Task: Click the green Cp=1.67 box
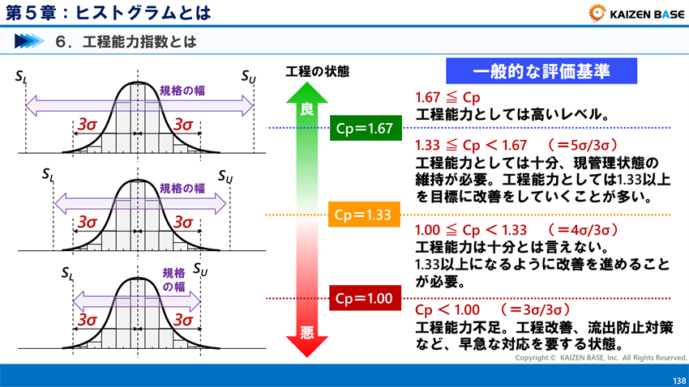click(x=365, y=128)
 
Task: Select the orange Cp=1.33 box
click(x=365, y=215)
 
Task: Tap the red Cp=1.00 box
click(x=365, y=299)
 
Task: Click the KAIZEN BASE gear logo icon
click(x=595, y=12)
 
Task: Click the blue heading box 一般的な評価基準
click(x=541, y=71)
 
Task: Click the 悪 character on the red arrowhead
click(x=306, y=332)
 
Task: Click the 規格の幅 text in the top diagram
click(x=182, y=90)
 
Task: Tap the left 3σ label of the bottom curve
click(x=88, y=319)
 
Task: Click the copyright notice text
click(x=601, y=357)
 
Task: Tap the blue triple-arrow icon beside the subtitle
click(x=29, y=40)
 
